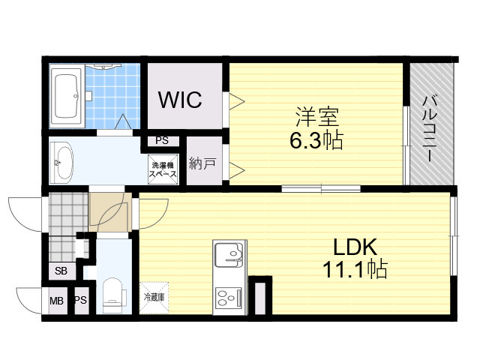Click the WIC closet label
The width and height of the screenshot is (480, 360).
pyautogui.click(x=180, y=99)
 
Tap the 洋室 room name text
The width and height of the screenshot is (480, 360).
pyautogui.click(x=316, y=117)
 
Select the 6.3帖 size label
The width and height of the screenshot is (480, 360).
pyautogui.click(x=316, y=140)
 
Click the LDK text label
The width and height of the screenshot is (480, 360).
pyautogui.click(x=355, y=247)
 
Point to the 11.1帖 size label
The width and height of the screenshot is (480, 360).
pyautogui.click(x=355, y=268)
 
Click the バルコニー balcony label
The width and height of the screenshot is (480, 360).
pyautogui.click(x=429, y=128)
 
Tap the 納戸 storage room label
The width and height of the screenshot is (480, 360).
pyautogui.click(x=202, y=163)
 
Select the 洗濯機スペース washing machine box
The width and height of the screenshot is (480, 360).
pyautogui.click(x=163, y=169)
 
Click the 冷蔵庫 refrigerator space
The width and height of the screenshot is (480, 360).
pyautogui.click(x=154, y=297)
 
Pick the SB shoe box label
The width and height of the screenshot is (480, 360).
pyautogui.click(x=61, y=271)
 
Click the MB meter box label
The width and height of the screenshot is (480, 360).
pyautogui.click(x=57, y=301)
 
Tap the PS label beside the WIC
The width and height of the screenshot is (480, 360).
pyautogui.click(x=162, y=140)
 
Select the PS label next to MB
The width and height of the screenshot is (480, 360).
pyautogui.click(x=81, y=300)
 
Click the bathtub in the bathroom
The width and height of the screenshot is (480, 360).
pyautogui.click(x=67, y=96)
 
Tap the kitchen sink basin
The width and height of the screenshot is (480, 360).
pyautogui.click(x=229, y=253)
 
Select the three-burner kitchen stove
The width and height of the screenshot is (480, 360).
pyautogui.click(x=229, y=298)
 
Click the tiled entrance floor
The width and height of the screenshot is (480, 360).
pyautogui.click(x=68, y=226)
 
